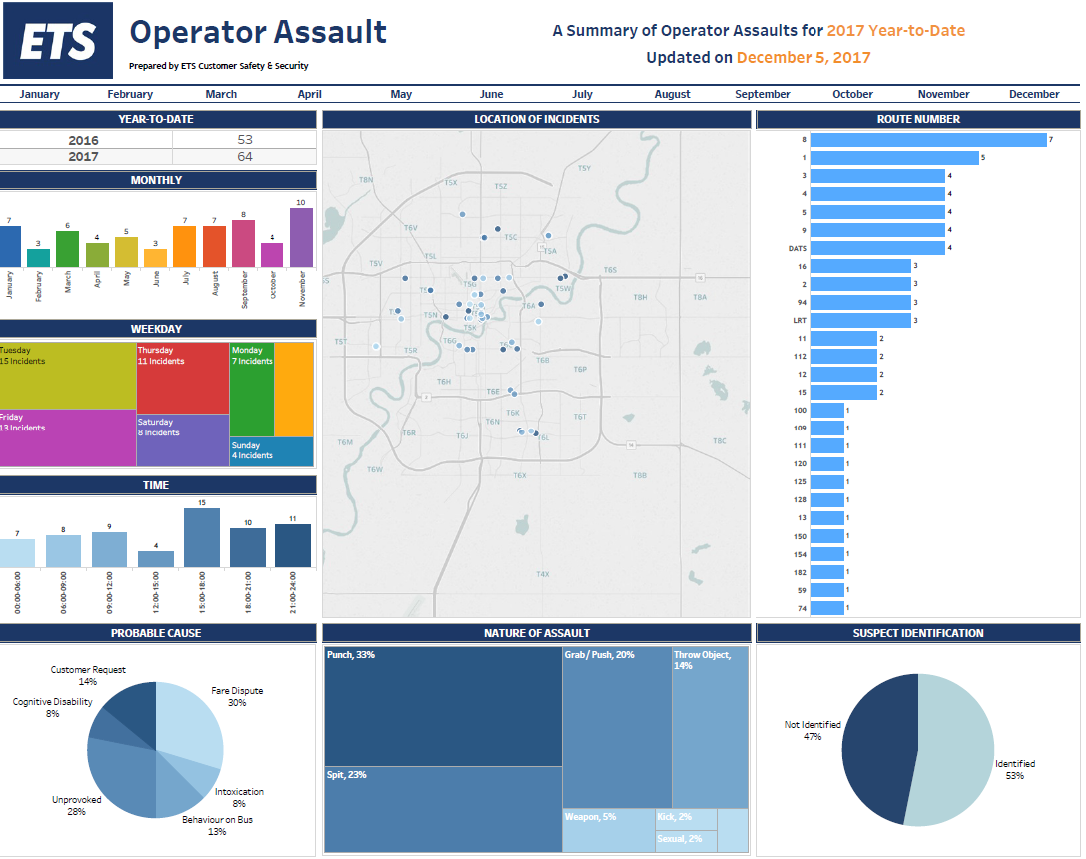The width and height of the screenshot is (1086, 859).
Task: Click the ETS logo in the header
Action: coord(58,41)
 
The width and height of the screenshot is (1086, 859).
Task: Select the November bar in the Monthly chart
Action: coord(302,238)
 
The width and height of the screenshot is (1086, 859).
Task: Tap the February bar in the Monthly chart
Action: coord(38,258)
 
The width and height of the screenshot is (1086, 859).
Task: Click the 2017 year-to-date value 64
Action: coord(245,157)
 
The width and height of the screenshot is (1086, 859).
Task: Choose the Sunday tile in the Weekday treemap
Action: coord(271,451)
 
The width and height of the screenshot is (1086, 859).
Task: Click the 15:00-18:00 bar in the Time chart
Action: coord(202,538)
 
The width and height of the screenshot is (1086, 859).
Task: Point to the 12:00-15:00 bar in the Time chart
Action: coord(155,559)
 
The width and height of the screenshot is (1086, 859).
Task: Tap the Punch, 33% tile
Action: coord(443,705)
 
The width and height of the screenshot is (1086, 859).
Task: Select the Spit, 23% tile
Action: coord(443,809)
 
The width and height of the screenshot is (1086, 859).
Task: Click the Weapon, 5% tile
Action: coord(608,830)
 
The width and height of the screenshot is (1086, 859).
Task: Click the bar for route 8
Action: coord(927,140)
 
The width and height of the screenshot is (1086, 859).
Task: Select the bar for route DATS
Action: coord(876,248)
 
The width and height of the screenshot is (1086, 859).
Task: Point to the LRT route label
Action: coord(798,321)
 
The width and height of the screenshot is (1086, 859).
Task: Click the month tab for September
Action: coord(763,94)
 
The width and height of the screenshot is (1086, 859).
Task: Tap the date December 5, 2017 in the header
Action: coord(804,57)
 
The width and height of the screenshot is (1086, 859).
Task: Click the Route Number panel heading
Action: coord(918,119)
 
